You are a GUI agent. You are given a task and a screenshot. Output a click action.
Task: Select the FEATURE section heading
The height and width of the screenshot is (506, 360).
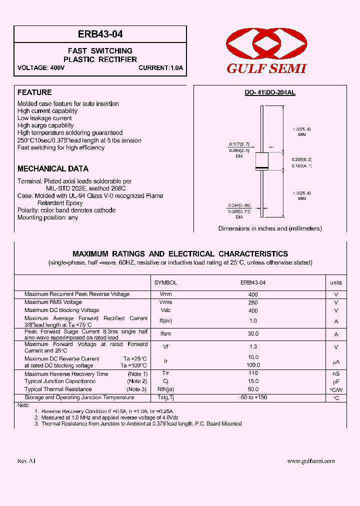(34, 92)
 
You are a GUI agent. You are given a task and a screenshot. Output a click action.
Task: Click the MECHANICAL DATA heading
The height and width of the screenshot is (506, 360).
(53, 169)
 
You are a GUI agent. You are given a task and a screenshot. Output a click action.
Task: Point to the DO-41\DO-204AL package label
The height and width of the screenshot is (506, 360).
(269, 93)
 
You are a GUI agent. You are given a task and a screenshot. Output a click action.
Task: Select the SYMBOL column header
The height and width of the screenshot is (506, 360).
(165, 282)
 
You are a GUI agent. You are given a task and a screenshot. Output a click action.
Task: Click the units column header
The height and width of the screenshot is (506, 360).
(336, 282)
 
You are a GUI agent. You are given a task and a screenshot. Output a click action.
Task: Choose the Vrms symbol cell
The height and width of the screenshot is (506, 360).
(165, 302)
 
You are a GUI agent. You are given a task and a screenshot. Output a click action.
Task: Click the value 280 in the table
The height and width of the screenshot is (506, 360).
(252, 302)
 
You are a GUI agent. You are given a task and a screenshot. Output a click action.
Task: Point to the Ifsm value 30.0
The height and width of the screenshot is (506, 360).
(252, 333)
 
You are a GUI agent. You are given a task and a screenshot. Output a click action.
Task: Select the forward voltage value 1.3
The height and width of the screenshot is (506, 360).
(252, 347)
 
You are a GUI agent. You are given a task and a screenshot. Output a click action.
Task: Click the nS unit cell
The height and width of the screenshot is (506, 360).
(336, 374)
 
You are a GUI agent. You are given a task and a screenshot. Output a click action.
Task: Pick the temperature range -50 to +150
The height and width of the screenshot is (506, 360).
(252, 397)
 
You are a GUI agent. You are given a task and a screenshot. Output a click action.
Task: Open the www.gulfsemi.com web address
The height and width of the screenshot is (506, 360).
(310, 461)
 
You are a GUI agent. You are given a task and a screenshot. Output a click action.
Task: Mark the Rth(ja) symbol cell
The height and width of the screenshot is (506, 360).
(165, 389)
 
